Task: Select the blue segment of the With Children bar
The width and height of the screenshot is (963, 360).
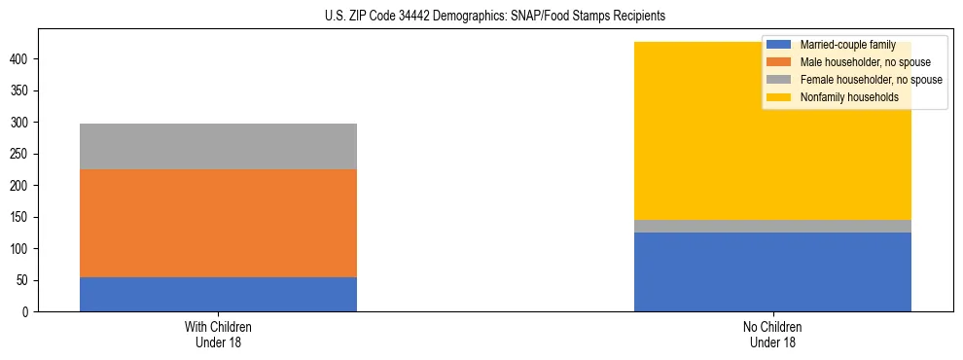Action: pos(218,294)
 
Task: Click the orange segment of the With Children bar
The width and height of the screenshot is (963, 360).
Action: pos(218,223)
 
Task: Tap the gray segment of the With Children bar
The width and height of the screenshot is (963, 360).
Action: pos(218,146)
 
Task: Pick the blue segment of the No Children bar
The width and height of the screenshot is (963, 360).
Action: pos(772,271)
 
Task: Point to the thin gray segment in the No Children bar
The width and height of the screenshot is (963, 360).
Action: pos(772,226)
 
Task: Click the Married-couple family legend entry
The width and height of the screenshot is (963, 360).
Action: pos(840,45)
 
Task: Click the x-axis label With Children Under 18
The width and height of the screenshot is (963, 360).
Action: pos(218,334)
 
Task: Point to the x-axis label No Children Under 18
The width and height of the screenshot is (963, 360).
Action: pos(772,334)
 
